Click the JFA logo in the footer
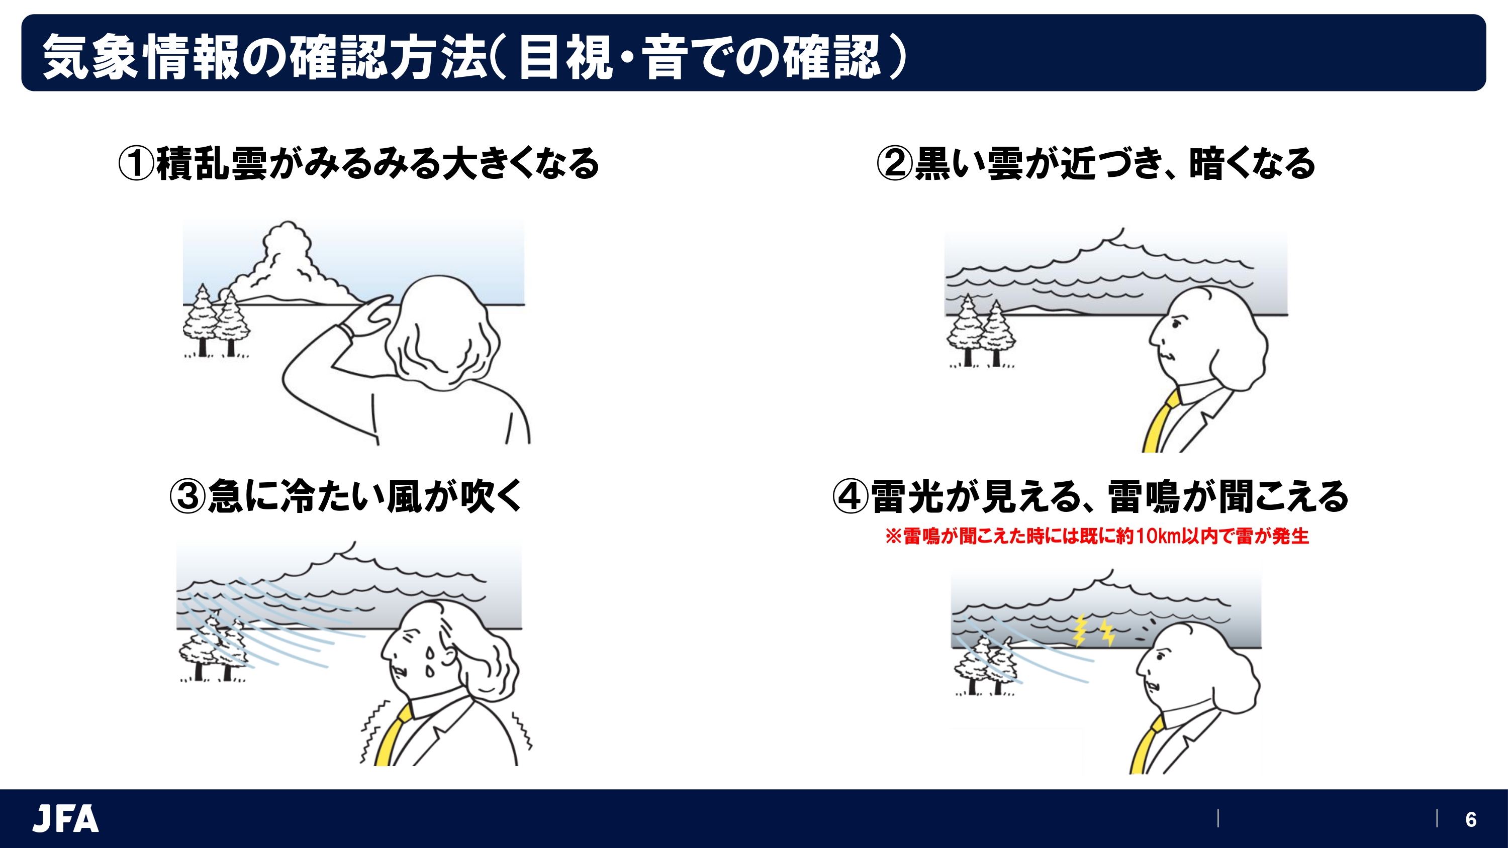[65, 818]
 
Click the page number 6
[1470, 819]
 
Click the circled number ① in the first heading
[136, 163]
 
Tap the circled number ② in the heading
[894, 163]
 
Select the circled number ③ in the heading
[187, 496]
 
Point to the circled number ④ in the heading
[850, 496]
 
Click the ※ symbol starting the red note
[893, 536]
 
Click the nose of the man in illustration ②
[1153, 340]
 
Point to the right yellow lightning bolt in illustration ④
[1107, 632]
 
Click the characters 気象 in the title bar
[91, 57]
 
